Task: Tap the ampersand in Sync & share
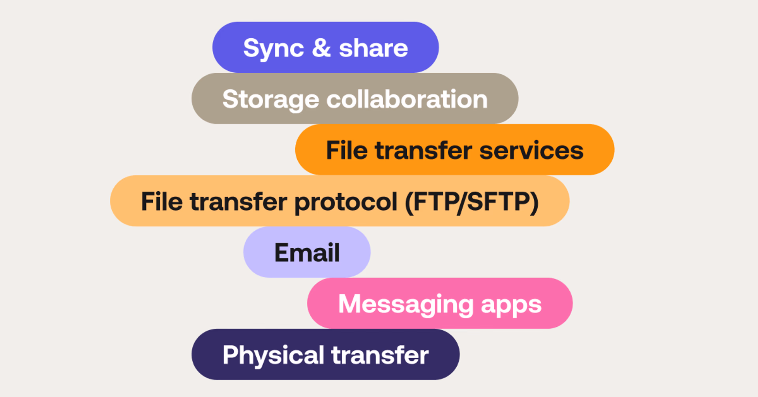(321, 48)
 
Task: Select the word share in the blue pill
(373, 48)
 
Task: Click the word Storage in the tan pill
(270, 100)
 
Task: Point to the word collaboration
(407, 99)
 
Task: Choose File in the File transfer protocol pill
(161, 201)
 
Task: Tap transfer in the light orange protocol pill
(238, 201)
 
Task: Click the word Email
(307, 252)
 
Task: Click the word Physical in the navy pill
(273, 355)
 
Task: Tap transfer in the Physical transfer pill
(380, 355)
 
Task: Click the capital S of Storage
(231, 99)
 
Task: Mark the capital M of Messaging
(351, 304)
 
